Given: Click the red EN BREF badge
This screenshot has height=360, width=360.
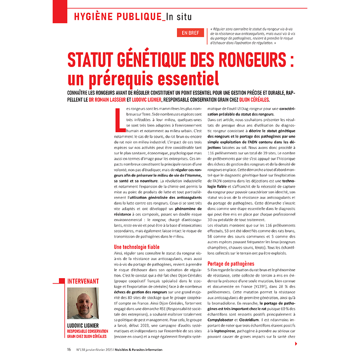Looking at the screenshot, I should (x=190, y=33).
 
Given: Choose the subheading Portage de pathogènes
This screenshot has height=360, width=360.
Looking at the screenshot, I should (x=230, y=264).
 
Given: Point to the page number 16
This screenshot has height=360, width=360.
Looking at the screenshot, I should (x=69, y=349).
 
